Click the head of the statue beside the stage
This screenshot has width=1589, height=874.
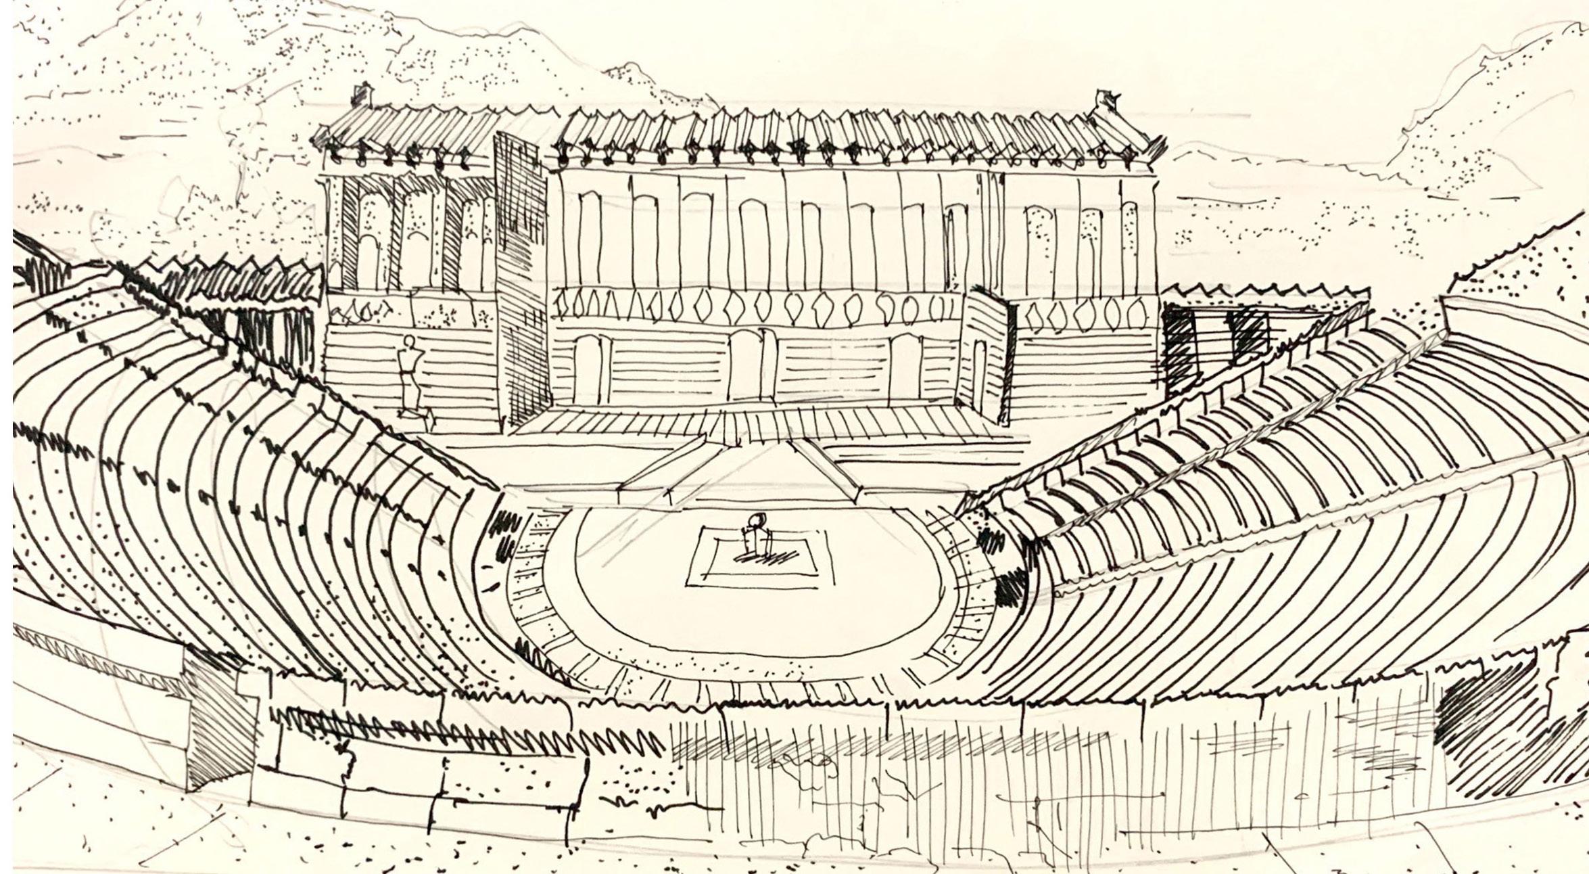[408, 342]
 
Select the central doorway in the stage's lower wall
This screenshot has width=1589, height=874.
[746, 365]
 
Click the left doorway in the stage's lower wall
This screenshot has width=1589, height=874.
[588, 369]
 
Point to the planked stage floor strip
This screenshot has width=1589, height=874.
[744, 423]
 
